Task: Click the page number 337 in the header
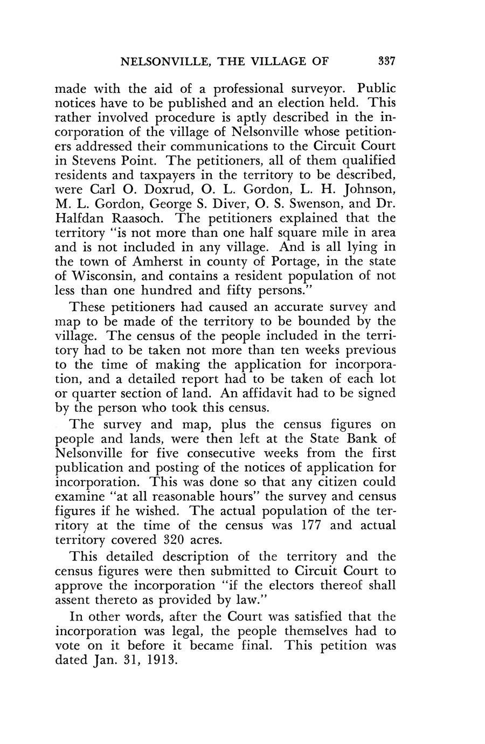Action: pyautogui.click(x=387, y=61)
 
